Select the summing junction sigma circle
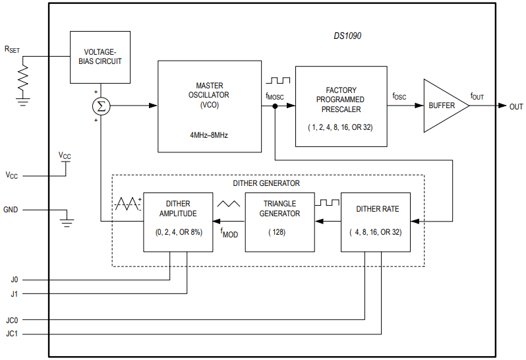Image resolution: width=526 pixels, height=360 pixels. pyautogui.click(x=100, y=105)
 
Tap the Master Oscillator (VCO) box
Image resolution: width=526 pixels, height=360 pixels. pyautogui.click(x=209, y=105)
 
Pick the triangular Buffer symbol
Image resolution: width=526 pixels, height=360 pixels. pyautogui.click(x=443, y=105)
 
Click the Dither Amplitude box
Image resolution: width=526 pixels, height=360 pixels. pyautogui.click(x=178, y=222)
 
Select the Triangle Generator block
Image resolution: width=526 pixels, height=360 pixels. pyautogui.click(x=279, y=222)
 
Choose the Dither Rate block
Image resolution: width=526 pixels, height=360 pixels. pyautogui.click(x=375, y=222)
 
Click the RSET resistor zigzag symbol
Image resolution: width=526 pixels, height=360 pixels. pyautogui.click(x=24, y=78)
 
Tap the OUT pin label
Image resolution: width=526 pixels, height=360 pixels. pyautogui.click(x=515, y=106)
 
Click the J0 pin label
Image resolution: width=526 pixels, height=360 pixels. pyautogui.click(x=15, y=280)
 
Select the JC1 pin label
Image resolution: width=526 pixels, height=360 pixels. pyautogui.click(x=13, y=334)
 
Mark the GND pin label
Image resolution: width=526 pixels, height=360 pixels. pyautogui.click(x=11, y=210)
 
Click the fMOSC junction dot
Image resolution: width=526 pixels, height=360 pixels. pyautogui.click(x=274, y=105)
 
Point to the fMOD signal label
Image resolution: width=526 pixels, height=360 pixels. pyautogui.click(x=229, y=233)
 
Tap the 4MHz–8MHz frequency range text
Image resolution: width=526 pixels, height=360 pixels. pyautogui.click(x=209, y=134)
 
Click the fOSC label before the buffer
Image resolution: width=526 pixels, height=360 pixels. pyautogui.click(x=399, y=96)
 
